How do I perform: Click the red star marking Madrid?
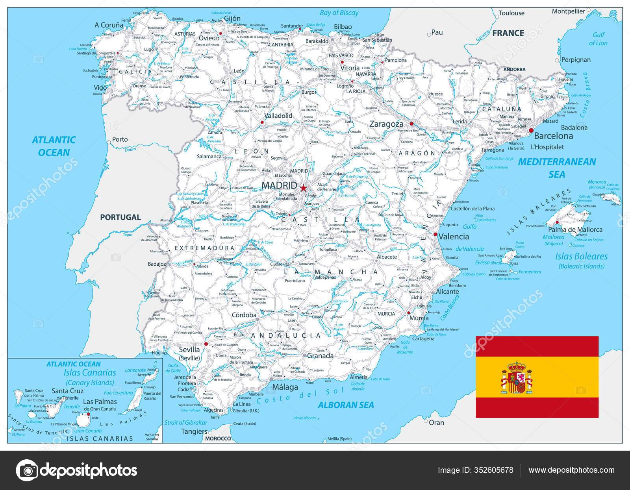tap(303, 188)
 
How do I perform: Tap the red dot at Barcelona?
tap(531, 130)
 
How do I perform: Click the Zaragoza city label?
tap(386, 124)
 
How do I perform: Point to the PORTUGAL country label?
tap(120, 217)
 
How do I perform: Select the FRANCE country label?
tap(508, 33)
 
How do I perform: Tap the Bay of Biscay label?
tap(339, 13)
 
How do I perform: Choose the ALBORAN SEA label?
tap(346, 405)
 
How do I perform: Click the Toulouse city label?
tap(511, 13)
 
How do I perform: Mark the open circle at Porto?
tap(109, 142)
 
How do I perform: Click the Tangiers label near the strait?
tap(194, 431)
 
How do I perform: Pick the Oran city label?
tap(436, 423)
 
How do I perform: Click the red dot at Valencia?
tap(435, 234)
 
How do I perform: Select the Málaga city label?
tap(285, 387)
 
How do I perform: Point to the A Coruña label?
tap(109, 25)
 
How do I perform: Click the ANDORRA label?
tap(514, 69)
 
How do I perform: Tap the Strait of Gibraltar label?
tap(185, 423)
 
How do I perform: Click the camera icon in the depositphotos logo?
tap(27, 470)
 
